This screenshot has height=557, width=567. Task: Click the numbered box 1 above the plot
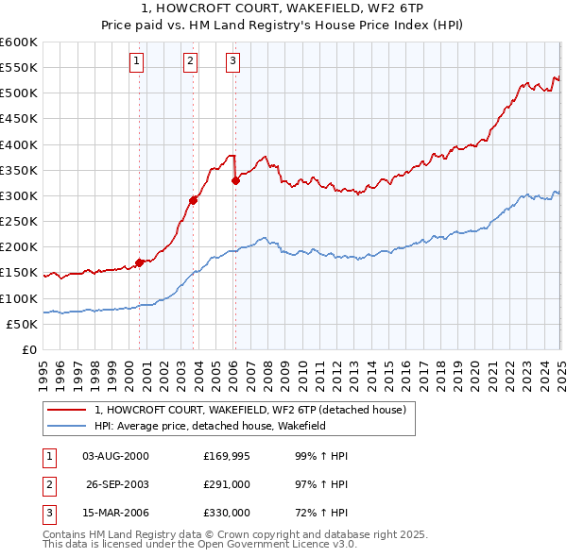click(137, 61)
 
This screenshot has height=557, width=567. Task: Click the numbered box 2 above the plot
click(190, 61)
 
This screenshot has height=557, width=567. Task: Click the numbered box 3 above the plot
click(232, 61)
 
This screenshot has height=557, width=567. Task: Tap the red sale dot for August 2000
click(140, 262)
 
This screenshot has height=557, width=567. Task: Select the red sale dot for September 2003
click(193, 200)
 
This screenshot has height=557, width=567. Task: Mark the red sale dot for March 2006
click(235, 180)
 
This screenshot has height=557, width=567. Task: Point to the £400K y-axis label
click(19, 144)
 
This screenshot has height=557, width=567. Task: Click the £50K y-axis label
click(23, 324)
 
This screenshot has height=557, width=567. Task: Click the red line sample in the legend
click(65, 410)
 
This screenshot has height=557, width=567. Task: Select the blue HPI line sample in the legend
click(65, 426)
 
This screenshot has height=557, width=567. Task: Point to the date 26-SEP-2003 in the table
click(117, 484)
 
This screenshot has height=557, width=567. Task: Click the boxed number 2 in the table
click(48, 484)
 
